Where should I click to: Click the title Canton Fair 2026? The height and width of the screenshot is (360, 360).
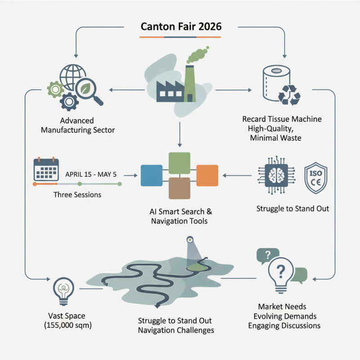[x=181, y=26]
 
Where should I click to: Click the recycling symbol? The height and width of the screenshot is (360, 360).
[x=289, y=94]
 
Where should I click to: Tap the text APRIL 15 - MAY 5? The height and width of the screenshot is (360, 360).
[x=94, y=173]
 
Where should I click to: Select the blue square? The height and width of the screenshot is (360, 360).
[x=151, y=175]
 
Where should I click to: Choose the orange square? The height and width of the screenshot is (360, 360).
[x=207, y=175]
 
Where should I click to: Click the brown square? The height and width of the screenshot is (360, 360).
[x=179, y=188]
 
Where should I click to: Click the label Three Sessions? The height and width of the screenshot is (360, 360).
[x=77, y=195]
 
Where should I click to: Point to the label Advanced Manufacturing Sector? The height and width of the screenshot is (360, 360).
[x=77, y=126]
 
